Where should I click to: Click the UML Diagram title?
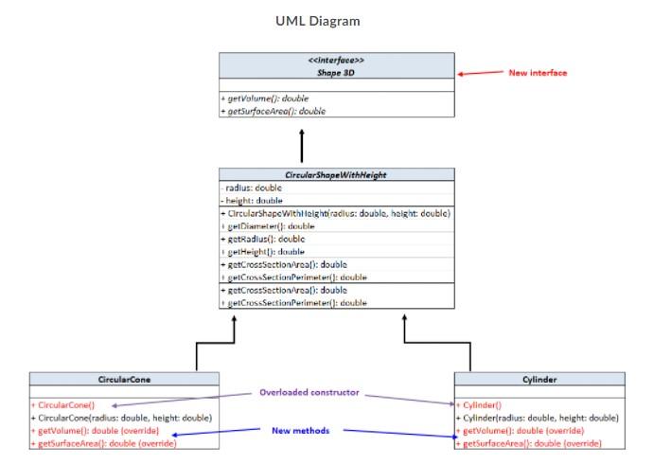(317, 21)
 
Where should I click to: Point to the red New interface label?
(538, 73)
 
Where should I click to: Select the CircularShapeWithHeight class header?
(336, 175)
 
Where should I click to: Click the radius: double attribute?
(247, 188)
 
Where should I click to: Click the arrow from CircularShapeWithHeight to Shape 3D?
(302, 147)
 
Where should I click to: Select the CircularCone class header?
(126, 379)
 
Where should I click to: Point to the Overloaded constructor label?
(309, 392)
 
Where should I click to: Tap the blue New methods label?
(301, 431)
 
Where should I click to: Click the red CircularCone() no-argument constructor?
(62, 404)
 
